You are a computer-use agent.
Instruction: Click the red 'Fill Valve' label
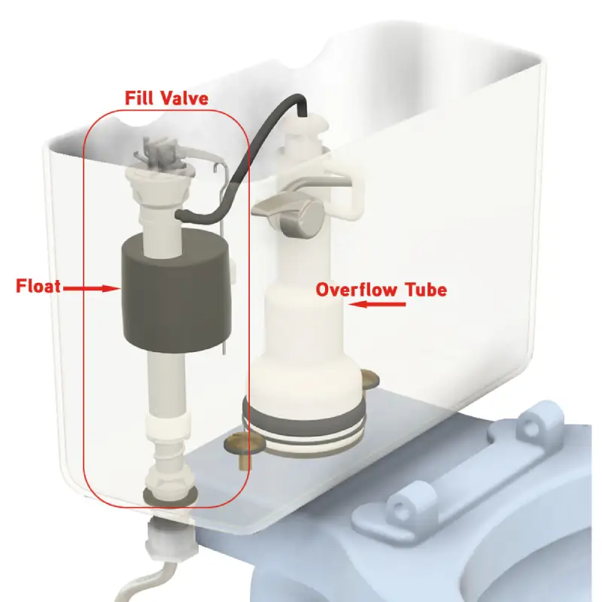click(x=165, y=98)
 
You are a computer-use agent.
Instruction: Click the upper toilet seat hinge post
click(x=535, y=426)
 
